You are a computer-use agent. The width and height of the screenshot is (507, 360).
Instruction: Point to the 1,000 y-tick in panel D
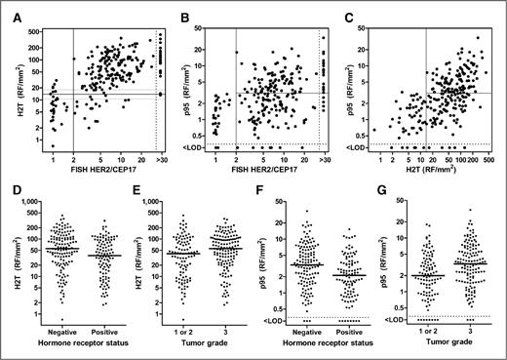point(35,200)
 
